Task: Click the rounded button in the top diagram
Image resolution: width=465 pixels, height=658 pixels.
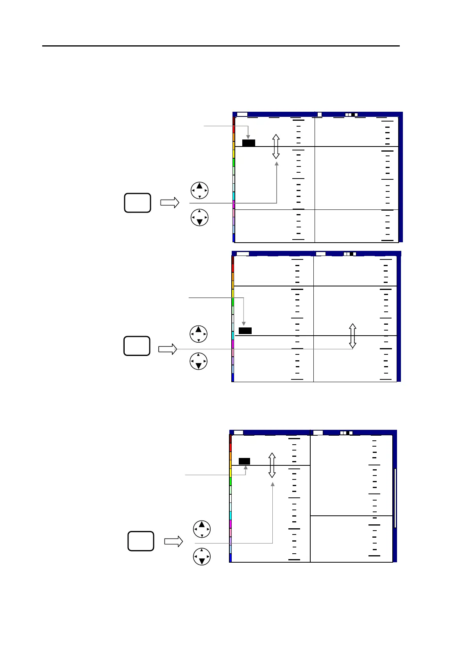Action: pyautogui.click(x=138, y=203)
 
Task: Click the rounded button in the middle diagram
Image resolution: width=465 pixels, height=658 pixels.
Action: pyautogui.click(x=137, y=346)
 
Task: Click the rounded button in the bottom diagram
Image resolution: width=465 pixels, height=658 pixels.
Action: pyautogui.click(x=141, y=541)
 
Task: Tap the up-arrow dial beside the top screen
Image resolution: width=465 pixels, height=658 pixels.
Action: pyautogui.click(x=199, y=191)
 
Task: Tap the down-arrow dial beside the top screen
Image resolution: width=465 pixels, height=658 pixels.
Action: pyautogui.click(x=199, y=218)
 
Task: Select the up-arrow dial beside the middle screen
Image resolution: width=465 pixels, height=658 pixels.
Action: pyautogui.click(x=199, y=334)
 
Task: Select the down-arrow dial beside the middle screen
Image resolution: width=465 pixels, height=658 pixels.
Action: pyautogui.click(x=199, y=361)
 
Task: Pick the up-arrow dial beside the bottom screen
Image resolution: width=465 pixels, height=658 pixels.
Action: pyautogui.click(x=202, y=529)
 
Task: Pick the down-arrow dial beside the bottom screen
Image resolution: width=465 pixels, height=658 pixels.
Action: pyautogui.click(x=202, y=556)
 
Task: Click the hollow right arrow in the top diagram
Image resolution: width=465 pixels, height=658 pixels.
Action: pyautogui.click(x=170, y=203)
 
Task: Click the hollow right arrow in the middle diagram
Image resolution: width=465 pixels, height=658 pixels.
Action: pyautogui.click(x=168, y=349)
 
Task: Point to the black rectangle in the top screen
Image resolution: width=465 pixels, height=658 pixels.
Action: pyautogui.click(x=249, y=143)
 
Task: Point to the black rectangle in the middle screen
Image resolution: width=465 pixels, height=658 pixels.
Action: pyautogui.click(x=245, y=331)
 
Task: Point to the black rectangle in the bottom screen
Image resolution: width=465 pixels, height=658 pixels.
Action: pyautogui.click(x=244, y=461)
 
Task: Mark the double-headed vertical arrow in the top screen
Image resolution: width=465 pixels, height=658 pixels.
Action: pyautogui.click(x=276, y=147)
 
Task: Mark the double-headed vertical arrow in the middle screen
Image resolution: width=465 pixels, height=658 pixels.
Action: pyautogui.click(x=352, y=336)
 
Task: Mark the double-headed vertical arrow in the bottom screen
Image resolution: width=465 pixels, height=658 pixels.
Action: pyautogui.click(x=272, y=465)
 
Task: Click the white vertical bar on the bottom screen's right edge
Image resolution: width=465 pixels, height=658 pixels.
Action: pyautogui.click(x=395, y=498)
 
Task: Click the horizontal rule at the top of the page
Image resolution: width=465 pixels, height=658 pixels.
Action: pyautogui.click(x=221, y=46)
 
